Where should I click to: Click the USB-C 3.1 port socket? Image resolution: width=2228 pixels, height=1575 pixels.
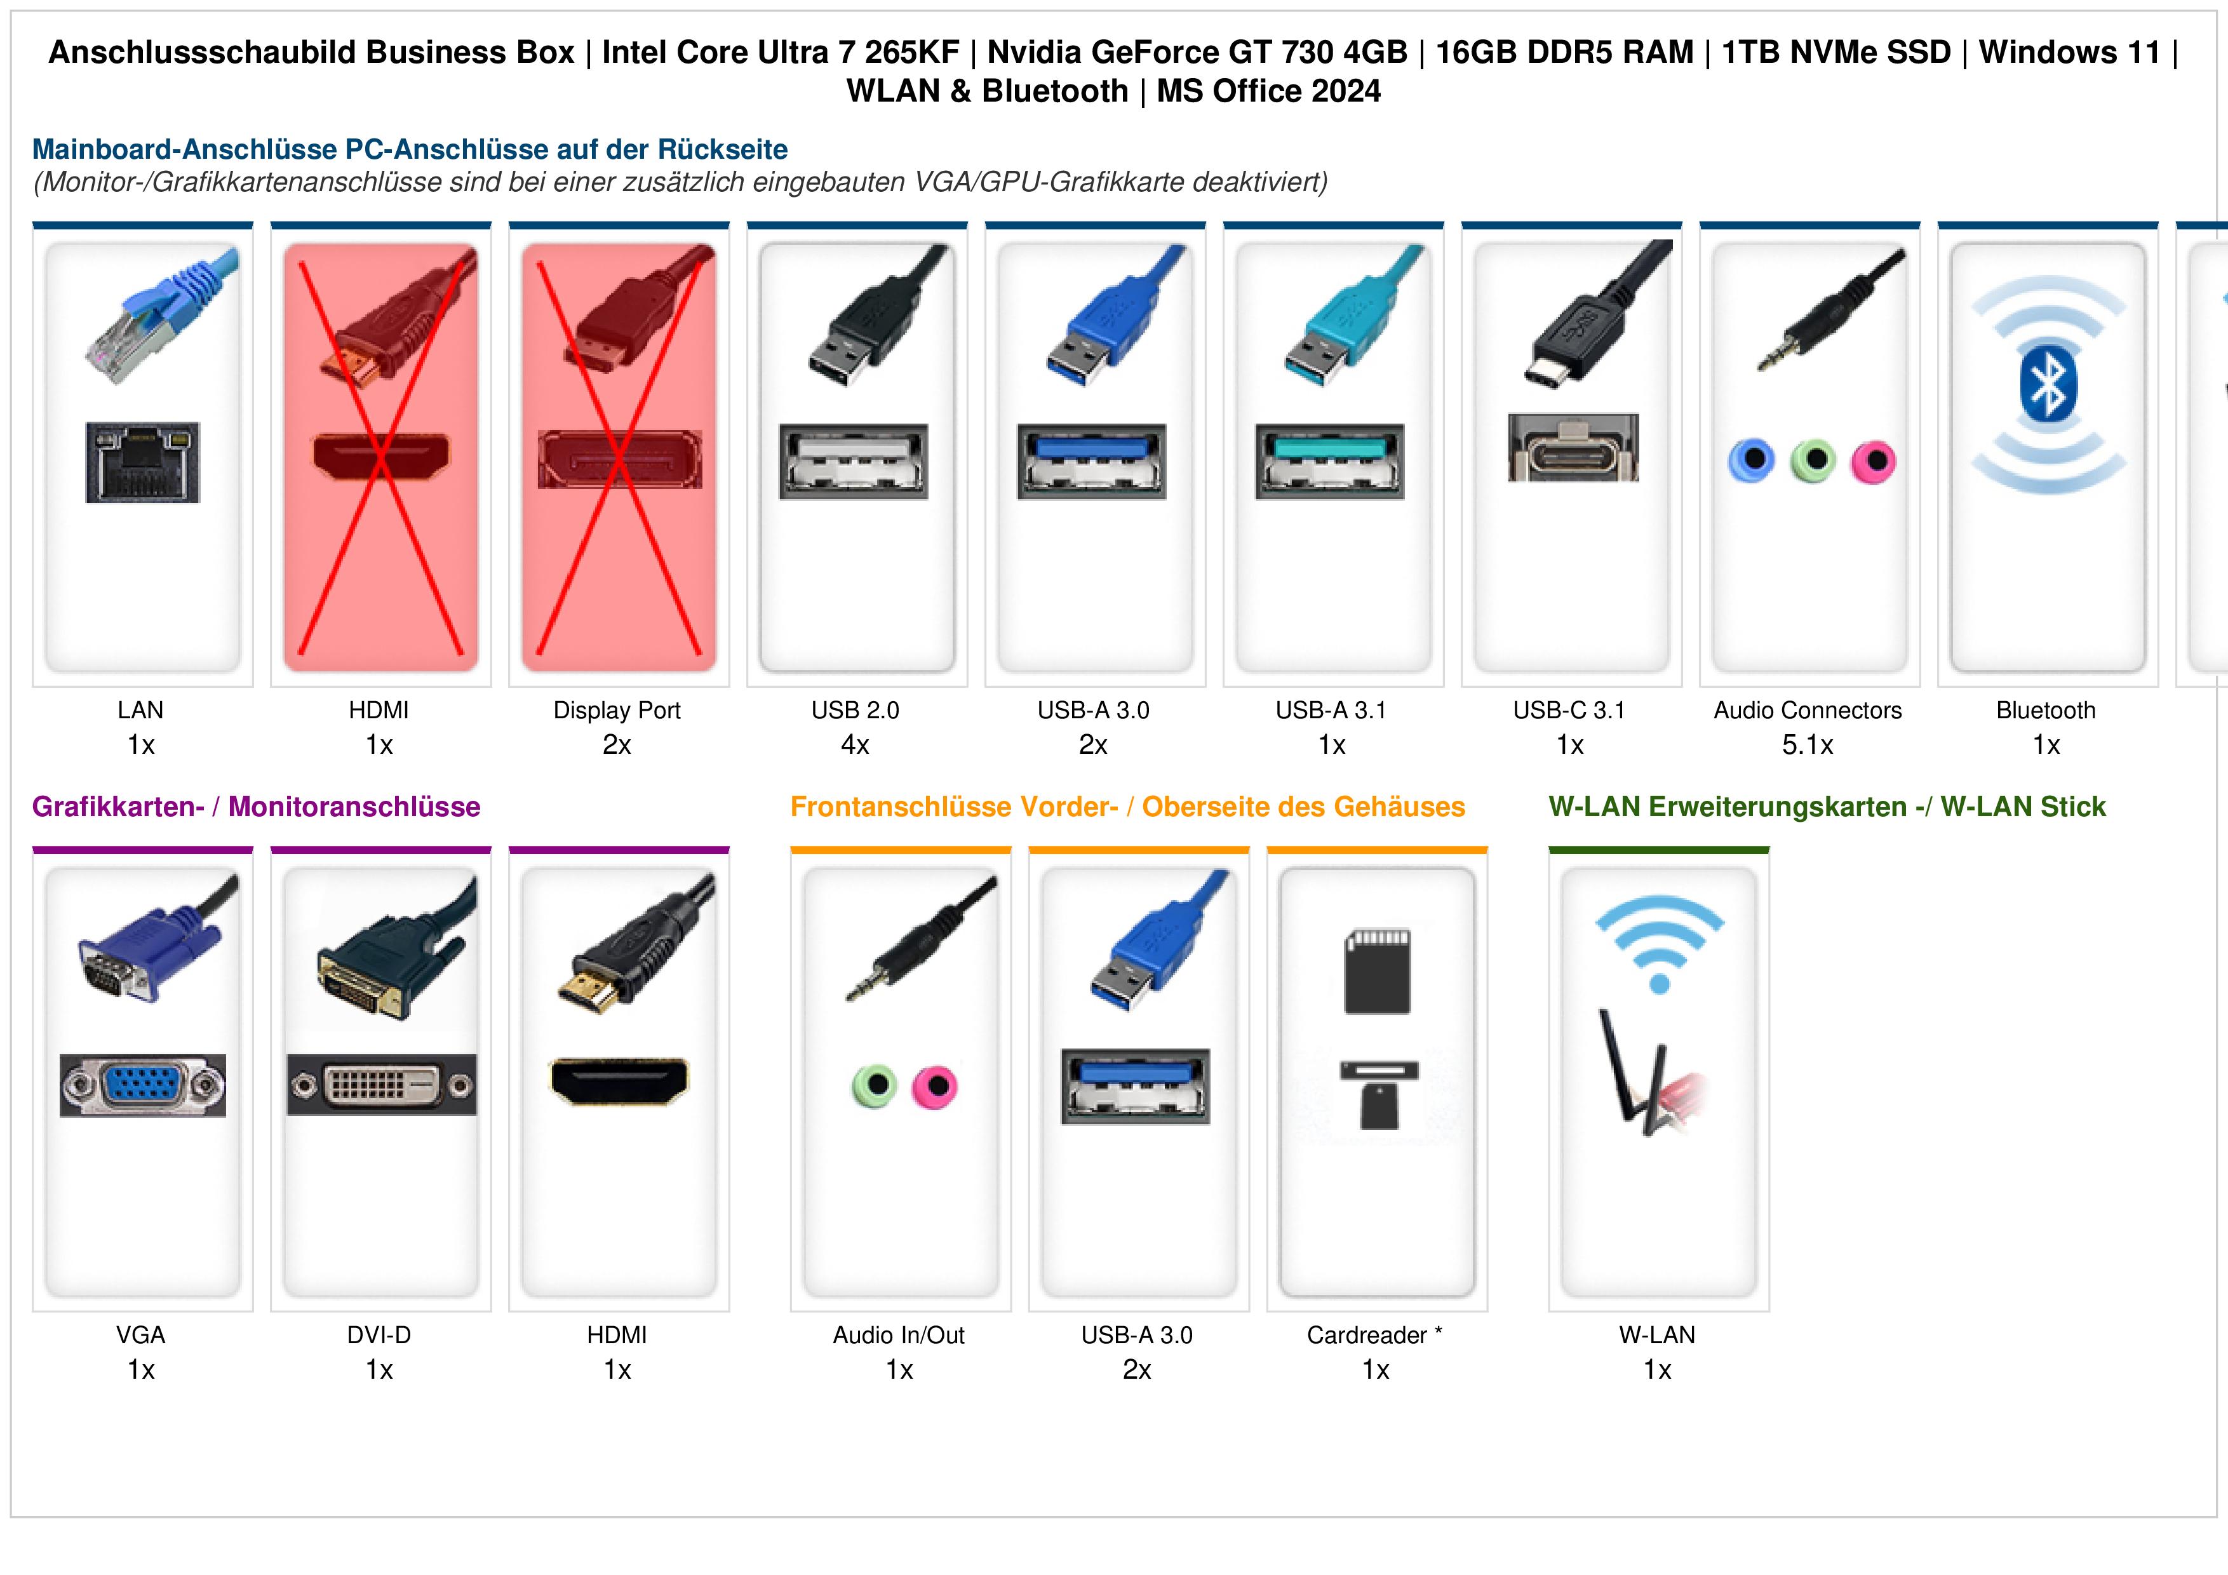(x=1573, y=448)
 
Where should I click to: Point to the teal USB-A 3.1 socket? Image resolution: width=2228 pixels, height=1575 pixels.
(x=1329, y=461)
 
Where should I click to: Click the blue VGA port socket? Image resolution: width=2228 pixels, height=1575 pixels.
(x=143, y=1085)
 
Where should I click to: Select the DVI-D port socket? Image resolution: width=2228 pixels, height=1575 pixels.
(x=381, y=1085)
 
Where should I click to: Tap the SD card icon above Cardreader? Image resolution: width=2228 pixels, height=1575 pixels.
(x=1377, y=972)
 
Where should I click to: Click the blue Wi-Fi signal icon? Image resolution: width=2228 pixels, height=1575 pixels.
(x=1660, y=941)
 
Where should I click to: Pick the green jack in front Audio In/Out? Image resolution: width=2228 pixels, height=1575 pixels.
(x=875, y=1086)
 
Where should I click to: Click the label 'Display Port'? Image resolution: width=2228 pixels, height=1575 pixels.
(x=617, y=711)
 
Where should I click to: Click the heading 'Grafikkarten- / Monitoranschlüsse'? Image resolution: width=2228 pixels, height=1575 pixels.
(x=256, y=807)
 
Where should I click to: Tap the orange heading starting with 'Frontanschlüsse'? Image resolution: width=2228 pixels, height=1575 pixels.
(x=1127, y=807)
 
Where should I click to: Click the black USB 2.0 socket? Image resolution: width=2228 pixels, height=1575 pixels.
(x=854, y=461)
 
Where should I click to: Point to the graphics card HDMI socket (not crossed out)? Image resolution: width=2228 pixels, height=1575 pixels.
(x=619, y=1081)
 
